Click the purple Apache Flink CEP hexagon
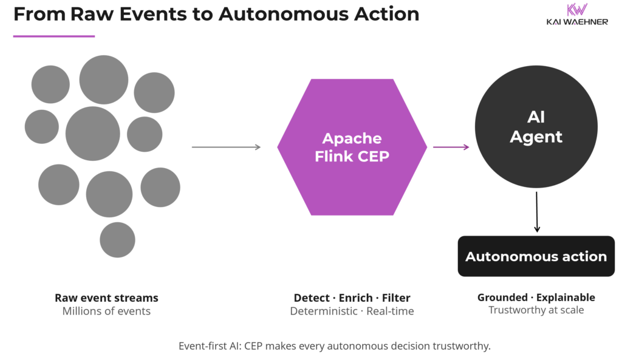point(352,147)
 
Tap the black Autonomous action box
point(536,256)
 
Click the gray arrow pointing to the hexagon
point(226,147)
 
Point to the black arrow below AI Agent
point(536,212)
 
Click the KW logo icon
point(576,10)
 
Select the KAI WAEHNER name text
point(576,22)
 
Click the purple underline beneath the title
point(54,36)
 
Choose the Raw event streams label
point(106,297)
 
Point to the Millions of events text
point(106,311)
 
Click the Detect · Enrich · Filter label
point(352,297)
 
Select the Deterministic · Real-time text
point(352,311)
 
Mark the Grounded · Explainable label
point(536,297)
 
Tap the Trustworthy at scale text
point(536,310)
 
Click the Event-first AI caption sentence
point(334,346)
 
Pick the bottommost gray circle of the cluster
point(117,240)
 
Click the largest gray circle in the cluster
point(93,134)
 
